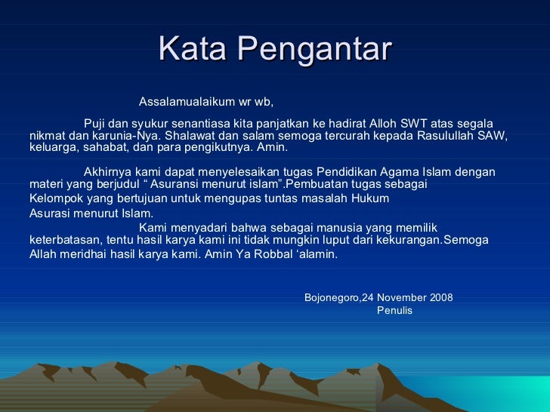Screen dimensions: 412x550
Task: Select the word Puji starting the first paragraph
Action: [x=94, y=124]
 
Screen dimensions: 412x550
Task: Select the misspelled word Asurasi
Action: [x=49, y=213]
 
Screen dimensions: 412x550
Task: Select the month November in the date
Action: [x=401, y=297]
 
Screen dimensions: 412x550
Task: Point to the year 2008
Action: [x=440, y=297]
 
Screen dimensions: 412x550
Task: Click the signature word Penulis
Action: [x=394, y=310]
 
